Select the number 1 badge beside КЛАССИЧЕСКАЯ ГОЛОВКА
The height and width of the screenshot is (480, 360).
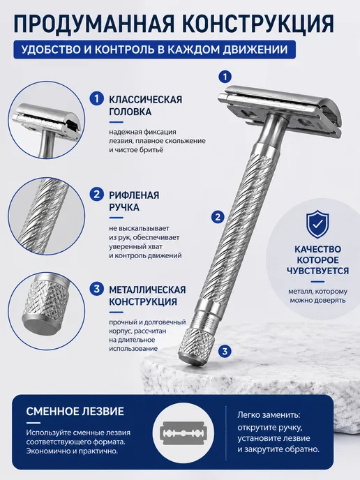coord(97,98)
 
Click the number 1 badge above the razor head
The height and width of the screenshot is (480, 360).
coord(225,77)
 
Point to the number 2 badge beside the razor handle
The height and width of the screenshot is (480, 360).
coord(218,217)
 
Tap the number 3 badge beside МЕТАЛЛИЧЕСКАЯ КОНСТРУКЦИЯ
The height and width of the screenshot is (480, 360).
coord(97,289)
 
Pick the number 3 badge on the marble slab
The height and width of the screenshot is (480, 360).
coord(225,351)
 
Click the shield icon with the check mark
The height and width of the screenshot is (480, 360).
coord(317,224)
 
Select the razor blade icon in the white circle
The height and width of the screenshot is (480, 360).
coord(183,433)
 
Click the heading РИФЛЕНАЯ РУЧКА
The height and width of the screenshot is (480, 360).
coord(134,201)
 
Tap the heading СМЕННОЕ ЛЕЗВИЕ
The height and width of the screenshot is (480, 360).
coord(75,411)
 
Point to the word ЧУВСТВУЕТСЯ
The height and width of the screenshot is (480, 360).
coord(317,271)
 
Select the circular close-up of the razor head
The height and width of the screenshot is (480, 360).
coord(47,120)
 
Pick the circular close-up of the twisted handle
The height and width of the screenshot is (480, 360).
coord(47,216)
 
